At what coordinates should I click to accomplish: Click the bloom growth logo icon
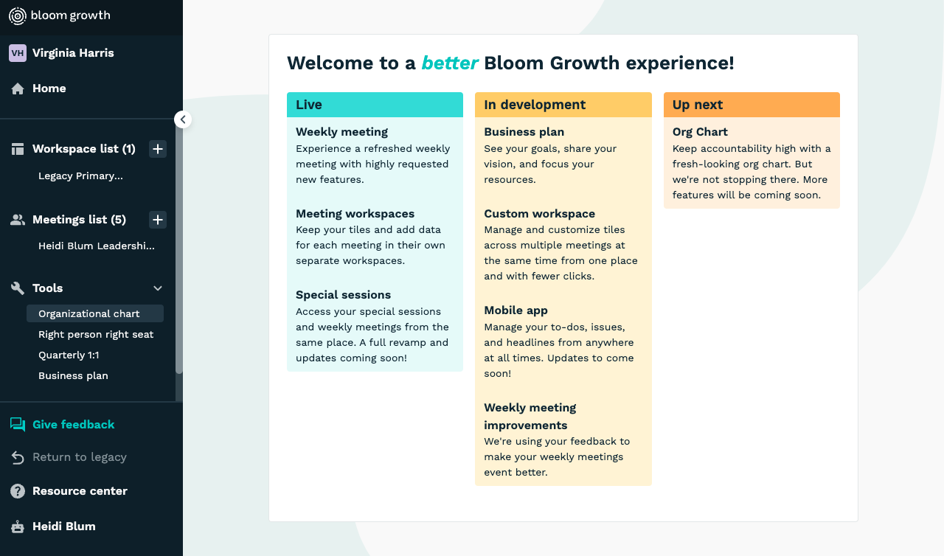pos(17,16)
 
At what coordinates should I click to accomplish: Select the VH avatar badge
pos(17,53)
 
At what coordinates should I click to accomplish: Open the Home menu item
pos(49,88)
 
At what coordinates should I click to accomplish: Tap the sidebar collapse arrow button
pos(183,119)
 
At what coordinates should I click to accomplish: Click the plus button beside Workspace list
pos(158,149)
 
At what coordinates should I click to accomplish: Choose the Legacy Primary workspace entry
pos(80,176)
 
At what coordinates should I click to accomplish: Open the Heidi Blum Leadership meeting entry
pos(97,246)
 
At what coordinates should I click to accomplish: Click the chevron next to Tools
pos(158,288)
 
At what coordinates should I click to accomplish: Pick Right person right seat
pos(96,335)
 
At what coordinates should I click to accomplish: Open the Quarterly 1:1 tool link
pos(69,355)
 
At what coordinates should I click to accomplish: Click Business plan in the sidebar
pos(73,376)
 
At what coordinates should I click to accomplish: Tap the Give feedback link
pos(73,425)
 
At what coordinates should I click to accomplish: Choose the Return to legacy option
pos(80,457)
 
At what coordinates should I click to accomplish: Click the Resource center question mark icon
pos(18,491)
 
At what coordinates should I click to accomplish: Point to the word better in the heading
pos(450,63)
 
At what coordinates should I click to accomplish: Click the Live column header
pos(375,105)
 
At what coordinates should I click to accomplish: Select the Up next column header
pos(752,105)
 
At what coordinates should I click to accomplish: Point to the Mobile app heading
pos(516,310)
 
